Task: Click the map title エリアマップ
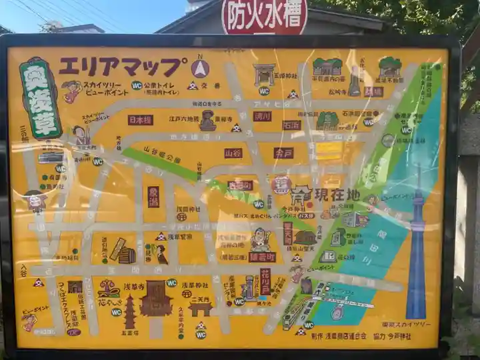(x=122, y=66)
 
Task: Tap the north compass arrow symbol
(x=200, y=68)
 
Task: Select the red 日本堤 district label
(x=140, y=120)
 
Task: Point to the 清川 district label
(x=262, y=116)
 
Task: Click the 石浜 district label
(x=291, y=125)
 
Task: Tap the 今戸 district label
(x=283, y=153)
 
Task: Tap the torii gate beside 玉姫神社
(x=265, y=73)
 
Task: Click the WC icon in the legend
(x=137, y=85)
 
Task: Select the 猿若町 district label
(x=262, y=257)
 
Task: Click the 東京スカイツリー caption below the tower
(x=406, y=324)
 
